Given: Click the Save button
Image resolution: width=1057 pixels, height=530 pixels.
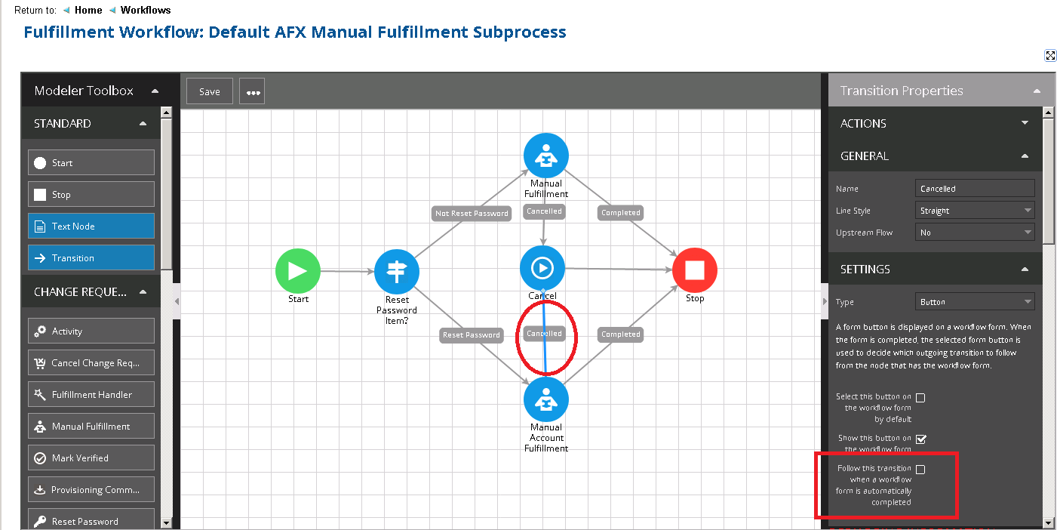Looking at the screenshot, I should click(x=209, y=91).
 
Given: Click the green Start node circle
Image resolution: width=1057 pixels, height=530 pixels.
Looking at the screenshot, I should click(x=298, y=271).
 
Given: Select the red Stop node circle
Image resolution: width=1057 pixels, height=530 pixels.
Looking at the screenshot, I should click(x=694, y=270).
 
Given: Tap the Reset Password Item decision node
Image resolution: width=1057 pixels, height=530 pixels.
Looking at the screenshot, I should click(x=397, y=271).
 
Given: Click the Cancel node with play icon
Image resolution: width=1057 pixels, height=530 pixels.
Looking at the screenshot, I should click(x=542, y=267).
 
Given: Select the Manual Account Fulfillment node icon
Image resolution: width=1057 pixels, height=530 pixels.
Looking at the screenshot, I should click(x=545, y=399).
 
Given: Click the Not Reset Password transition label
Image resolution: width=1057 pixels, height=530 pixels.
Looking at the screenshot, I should click(x=472, y=213).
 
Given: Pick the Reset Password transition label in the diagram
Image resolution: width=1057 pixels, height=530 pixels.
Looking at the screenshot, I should click(x=472, y=334).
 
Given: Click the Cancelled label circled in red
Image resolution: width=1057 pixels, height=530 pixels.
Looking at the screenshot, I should click(x=544, y=334).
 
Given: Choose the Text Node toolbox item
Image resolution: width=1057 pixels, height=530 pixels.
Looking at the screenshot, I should click(x=91, y=226).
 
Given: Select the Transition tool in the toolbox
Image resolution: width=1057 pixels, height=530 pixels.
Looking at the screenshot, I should click(x=91, y=258).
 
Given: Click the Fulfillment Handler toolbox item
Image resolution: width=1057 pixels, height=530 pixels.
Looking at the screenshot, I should click(x=91, y=395).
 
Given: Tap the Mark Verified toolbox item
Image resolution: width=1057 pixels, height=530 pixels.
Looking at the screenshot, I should click(x=91, y=458).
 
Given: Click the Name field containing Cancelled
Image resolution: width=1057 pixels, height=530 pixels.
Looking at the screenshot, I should click(x=974, y=189).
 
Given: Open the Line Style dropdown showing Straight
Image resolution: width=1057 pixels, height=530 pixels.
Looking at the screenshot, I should click(x=974, y=211).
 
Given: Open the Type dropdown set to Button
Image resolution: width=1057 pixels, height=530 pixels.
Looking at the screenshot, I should click(x=974, y=302).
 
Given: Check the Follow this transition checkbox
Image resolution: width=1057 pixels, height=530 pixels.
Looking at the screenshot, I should click(x=920, y=470).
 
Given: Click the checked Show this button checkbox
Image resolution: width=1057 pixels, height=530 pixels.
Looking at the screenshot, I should click(x=920, y=439).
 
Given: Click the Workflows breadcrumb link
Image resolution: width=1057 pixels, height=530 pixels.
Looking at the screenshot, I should click(x=146, y=11).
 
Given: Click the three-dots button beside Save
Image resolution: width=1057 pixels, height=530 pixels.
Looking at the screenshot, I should click(x=253, y=92).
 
